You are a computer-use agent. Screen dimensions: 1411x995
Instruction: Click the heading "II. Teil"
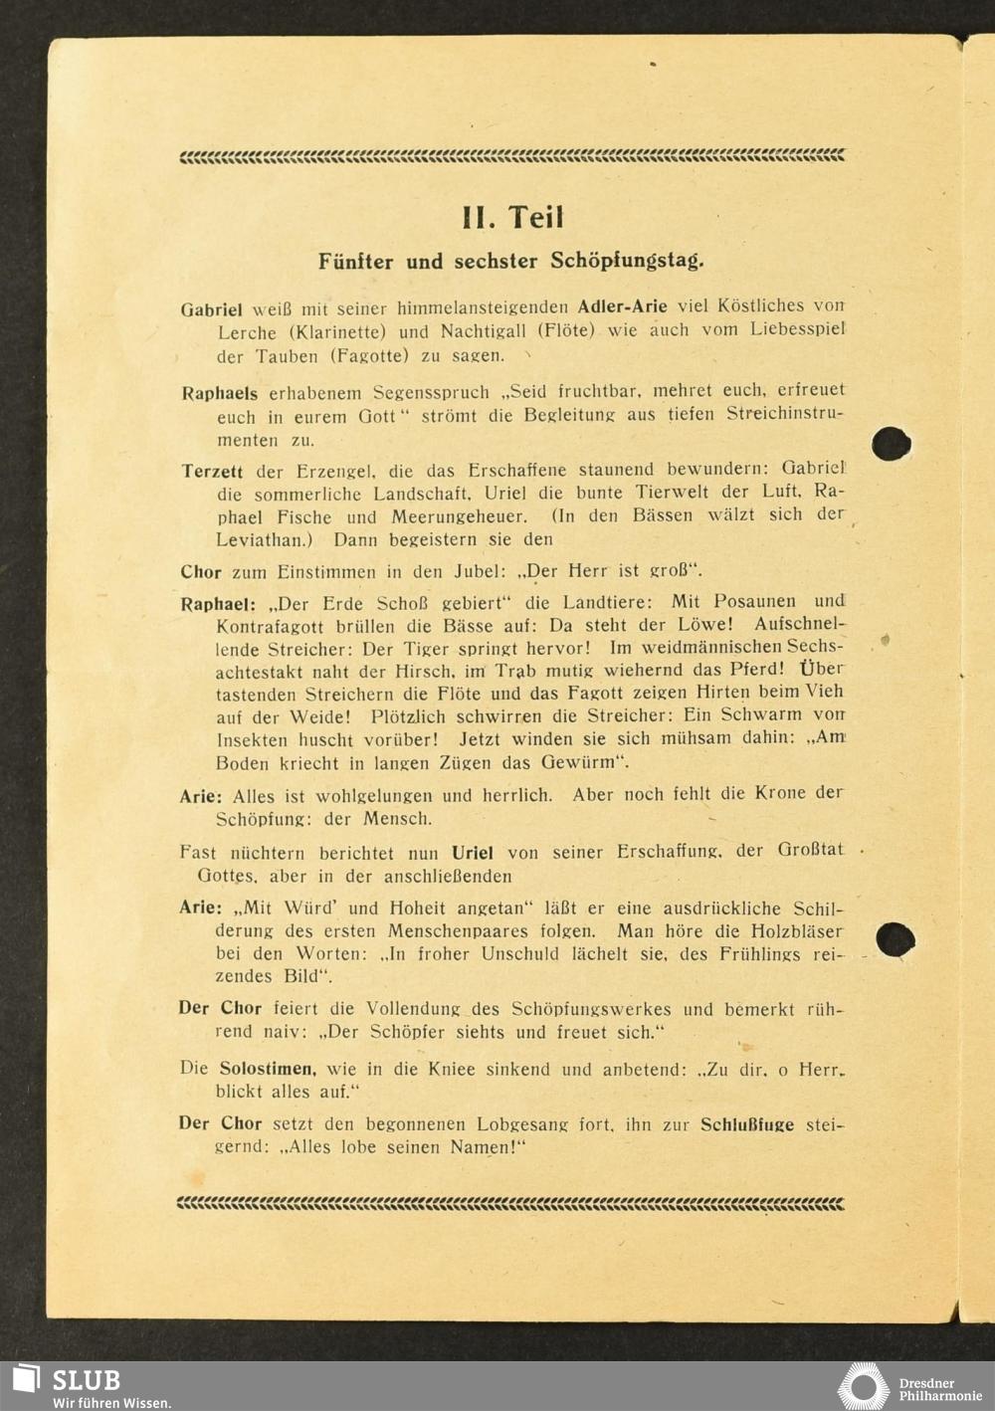pos(512,218)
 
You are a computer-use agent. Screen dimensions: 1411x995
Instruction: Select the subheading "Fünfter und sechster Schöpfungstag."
pos(510,262)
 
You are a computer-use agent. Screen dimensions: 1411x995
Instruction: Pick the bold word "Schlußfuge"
pos(746,1124)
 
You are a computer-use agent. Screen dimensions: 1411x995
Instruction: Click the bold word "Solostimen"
pos(267,1069)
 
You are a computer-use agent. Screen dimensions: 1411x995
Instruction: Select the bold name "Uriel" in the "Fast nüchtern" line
pos(472,853)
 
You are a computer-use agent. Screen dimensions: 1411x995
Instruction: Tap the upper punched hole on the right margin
pos(891,443)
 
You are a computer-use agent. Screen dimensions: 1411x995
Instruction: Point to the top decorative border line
pos(511,156)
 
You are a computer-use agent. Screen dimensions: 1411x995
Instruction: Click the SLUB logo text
pos(86,1380)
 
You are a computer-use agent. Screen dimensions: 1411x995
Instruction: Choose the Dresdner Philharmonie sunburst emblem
pos(863,1386)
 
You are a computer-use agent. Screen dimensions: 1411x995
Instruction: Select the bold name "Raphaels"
pos(219,393)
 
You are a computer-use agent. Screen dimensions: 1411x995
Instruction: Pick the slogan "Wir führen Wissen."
pos(111,1403)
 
